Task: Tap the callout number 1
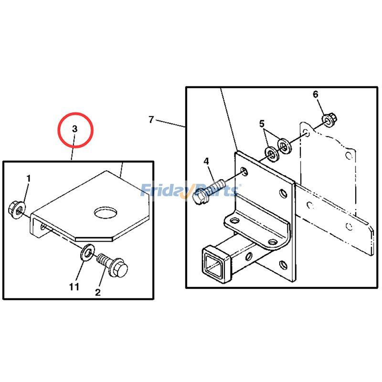(28, 179)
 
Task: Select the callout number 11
(74, 287)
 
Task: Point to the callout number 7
(151, 119)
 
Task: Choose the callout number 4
(206, 161)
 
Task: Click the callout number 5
(262, 124)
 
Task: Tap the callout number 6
(315, 94)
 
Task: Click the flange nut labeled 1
(15, 208)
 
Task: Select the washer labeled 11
(87, 251)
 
